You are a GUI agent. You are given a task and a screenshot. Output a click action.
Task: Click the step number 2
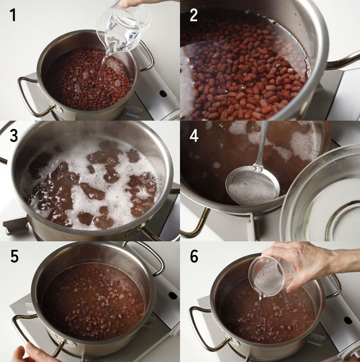pos(194,15)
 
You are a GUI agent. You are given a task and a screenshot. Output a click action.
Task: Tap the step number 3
pos(14,136)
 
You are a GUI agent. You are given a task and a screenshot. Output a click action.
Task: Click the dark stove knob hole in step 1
pos(163,93)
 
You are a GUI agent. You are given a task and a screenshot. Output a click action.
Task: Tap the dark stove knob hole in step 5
pos(172,296)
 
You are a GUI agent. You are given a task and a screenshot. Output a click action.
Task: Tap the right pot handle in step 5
pos(149,257)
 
